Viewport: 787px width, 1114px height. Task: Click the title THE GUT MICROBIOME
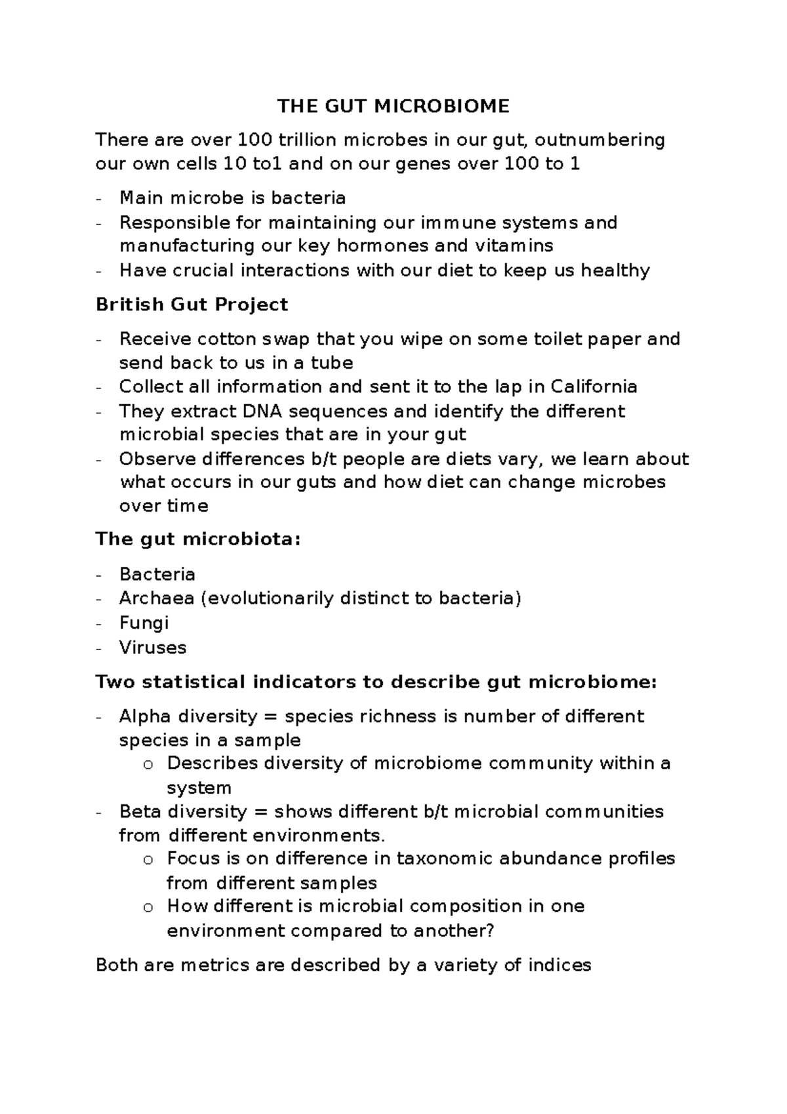(393, 106)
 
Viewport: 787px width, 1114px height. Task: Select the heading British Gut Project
(192, 304)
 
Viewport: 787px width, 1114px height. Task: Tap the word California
(594, 386)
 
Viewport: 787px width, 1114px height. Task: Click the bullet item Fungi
(144, 623)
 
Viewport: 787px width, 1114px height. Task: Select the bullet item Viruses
(152, 648)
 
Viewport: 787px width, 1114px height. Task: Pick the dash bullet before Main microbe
(98, 199)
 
